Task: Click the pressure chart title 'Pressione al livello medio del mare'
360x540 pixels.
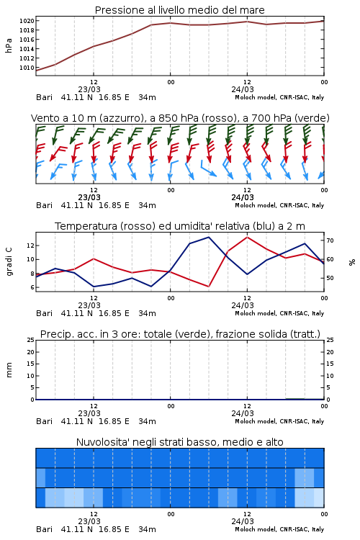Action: coord(179,10)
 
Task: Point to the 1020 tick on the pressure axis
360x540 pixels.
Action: coord(27,21)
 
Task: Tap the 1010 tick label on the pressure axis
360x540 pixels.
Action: coord(27,68)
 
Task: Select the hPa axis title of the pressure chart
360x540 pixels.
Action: coord(9,45)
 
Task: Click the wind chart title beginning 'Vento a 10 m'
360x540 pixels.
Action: coord(180,118)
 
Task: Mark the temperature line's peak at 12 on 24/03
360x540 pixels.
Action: coord(247,237)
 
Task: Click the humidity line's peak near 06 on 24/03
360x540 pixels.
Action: coord(208,237)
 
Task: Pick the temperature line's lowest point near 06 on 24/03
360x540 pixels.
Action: coord(208,287)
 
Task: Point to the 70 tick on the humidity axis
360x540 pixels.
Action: coord(330,240)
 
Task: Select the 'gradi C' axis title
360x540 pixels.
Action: coord(9,261)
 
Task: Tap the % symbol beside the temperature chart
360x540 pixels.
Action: coord(352,262)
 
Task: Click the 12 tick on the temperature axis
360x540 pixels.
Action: coord(30,246)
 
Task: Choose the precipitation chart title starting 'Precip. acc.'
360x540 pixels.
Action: coord(180,334)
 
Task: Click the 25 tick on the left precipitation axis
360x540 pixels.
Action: coord(31,340)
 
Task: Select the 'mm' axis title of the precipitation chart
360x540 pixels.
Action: coord(9,370)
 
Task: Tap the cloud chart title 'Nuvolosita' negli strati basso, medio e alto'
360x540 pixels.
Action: coord(179,442)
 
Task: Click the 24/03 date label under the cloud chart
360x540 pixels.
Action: coord(243,521)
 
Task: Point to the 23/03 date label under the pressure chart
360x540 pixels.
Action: coord(89,89)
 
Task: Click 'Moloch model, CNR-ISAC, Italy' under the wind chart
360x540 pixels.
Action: coord(279,205)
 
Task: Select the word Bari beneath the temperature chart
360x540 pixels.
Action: coord(45,313)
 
